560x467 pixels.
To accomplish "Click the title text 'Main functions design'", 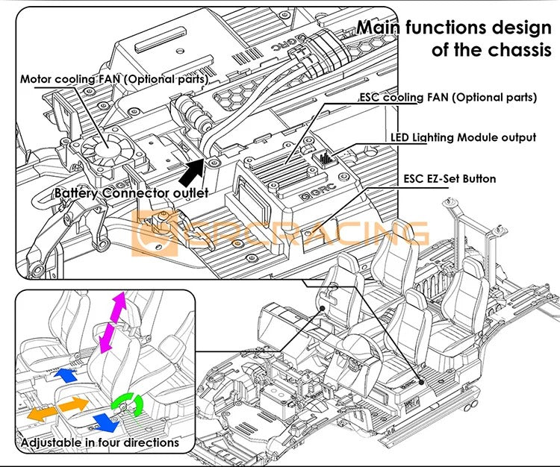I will click(454, 28).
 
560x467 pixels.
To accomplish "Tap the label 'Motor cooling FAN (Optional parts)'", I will click(114, 78).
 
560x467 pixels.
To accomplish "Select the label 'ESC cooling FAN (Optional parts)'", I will click(448, 97).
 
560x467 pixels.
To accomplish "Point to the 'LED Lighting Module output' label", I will click(463, 137).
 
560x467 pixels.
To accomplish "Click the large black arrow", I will click(191, 169).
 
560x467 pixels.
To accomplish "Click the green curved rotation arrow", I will click(128, 404).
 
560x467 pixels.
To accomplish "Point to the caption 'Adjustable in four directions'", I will click(100, 442).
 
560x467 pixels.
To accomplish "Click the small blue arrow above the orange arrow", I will click(66, 374).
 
